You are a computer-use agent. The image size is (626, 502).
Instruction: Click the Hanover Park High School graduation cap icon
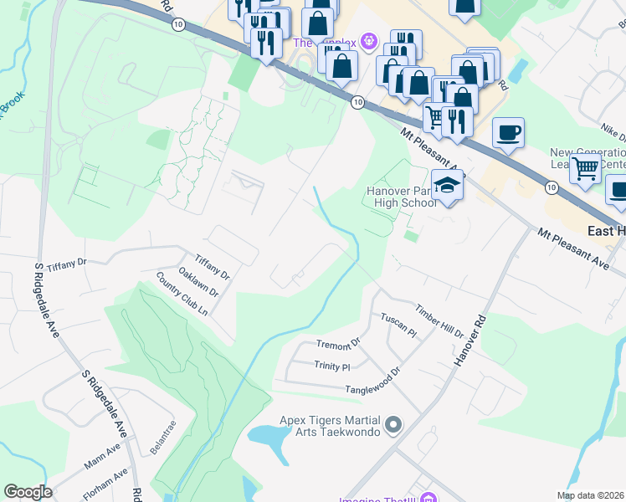448,185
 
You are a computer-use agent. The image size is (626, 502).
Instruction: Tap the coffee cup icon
508,132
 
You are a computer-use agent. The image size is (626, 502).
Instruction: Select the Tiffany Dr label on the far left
67,263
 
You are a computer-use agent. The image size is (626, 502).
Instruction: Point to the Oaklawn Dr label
198,281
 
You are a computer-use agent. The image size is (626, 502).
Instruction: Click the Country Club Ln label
182,294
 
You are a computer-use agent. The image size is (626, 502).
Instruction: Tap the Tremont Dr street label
337,344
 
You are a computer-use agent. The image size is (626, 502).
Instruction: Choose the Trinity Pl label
331,366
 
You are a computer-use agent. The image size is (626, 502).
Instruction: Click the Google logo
28,492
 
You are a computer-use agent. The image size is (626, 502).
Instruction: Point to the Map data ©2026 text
591,494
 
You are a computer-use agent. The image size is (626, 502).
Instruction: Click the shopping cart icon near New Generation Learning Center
586,168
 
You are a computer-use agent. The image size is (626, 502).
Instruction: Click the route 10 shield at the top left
178,25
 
